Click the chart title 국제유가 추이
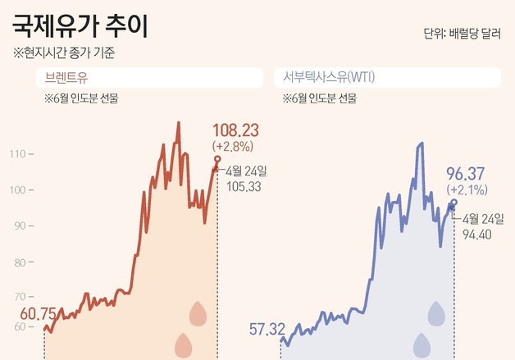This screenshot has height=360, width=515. (x=80, y=26)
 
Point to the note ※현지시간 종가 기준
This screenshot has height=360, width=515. (x=65, y=55)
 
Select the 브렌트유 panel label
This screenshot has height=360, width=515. (x=65, y=79)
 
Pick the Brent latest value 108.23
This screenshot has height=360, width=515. (x=235, y=131)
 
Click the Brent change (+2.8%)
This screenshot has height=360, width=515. (x=233, y=146)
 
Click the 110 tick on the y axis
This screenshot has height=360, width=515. (x=18, y=153)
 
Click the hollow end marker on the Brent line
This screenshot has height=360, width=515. (x=217, y=159)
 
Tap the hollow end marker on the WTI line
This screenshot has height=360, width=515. (x=454, y=202)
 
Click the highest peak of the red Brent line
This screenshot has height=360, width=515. (x=179, y=123)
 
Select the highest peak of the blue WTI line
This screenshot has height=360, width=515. (x=422, y=143)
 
